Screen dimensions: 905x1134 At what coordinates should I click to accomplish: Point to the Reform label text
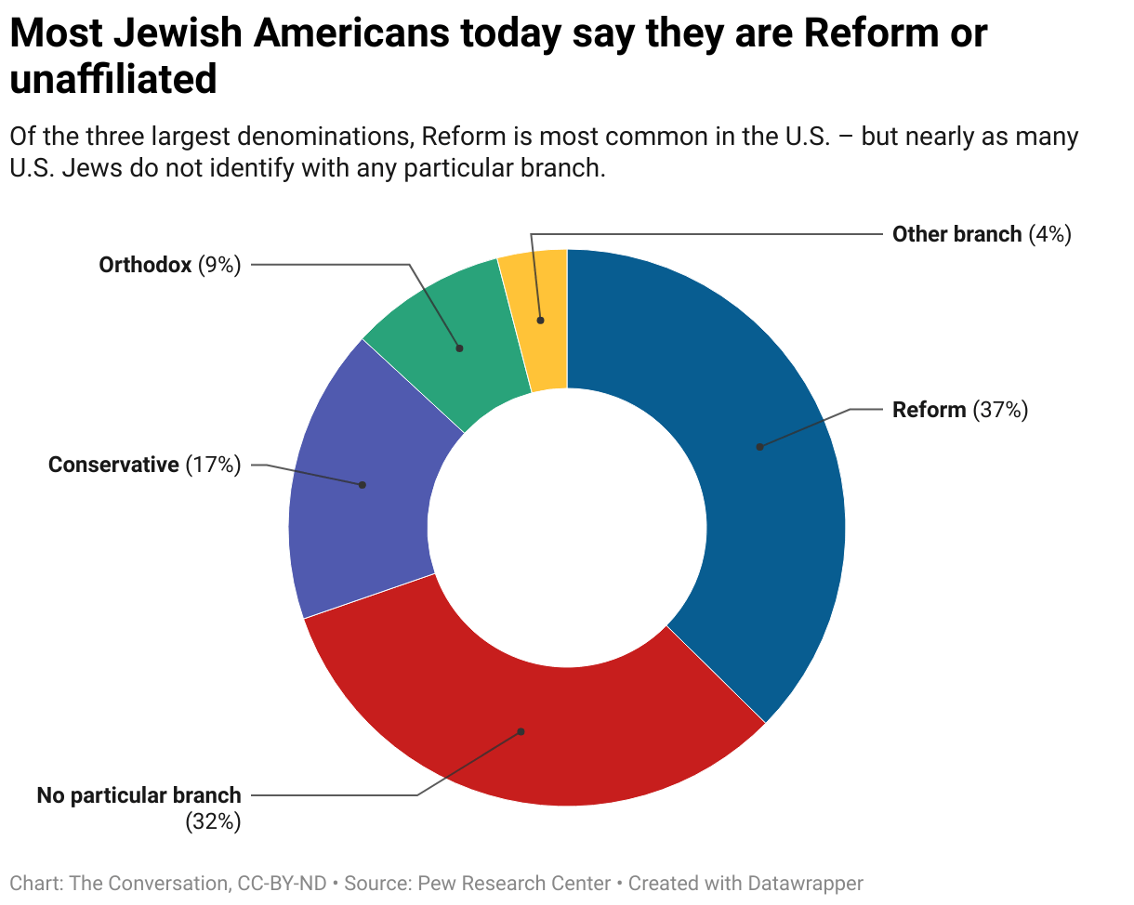[929, 410]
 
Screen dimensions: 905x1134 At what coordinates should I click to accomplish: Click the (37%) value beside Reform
[1000, 410]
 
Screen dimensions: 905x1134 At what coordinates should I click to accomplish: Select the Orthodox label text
[145, 265]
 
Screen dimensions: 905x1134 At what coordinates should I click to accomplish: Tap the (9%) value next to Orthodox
[219, 265]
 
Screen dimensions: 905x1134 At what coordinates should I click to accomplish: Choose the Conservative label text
[113, 465]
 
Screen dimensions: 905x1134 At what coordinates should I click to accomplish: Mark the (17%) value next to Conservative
[213, 465]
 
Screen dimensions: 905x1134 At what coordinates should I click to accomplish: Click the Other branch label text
[956, 234]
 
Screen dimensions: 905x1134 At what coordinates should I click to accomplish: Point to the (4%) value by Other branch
[1049, 234]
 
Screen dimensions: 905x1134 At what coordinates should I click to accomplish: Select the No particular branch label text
[138, 795]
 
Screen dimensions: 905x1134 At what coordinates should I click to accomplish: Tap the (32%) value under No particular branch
[213, 821]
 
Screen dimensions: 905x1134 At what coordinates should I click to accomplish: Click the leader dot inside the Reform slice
[759, 447]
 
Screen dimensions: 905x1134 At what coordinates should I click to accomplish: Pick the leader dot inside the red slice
[521, 731]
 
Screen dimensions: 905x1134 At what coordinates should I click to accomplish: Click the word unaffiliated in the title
[113, 80]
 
